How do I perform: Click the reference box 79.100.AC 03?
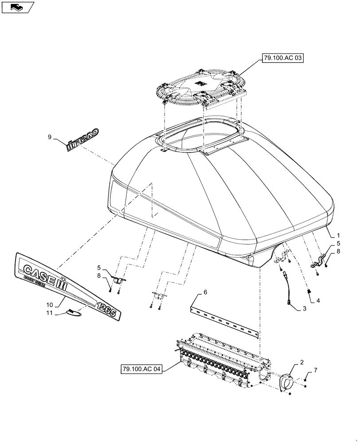click(x=278, y=58)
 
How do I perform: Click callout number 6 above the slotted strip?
click(x=205, y=292)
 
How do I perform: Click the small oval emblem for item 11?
click(x=74, y=313)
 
